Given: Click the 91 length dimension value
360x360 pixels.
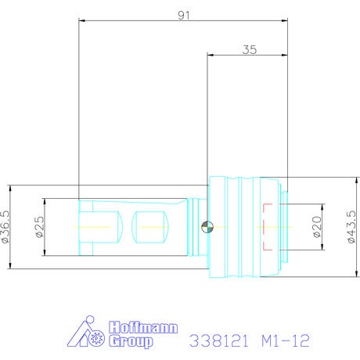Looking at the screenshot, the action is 184,16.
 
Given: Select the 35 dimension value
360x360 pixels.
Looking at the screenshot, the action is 250,49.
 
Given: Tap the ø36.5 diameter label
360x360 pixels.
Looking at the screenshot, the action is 6,227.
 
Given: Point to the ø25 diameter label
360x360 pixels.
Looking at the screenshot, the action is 40,227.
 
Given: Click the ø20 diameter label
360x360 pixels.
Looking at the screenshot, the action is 317,227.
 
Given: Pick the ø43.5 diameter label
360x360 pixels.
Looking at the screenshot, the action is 351,227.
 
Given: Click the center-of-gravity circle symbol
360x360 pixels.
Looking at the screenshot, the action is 207,227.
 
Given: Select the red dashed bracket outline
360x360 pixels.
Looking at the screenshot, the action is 268,227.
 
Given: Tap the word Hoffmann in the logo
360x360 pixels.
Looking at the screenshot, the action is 143,327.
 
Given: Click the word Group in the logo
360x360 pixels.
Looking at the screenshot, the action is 131,341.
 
